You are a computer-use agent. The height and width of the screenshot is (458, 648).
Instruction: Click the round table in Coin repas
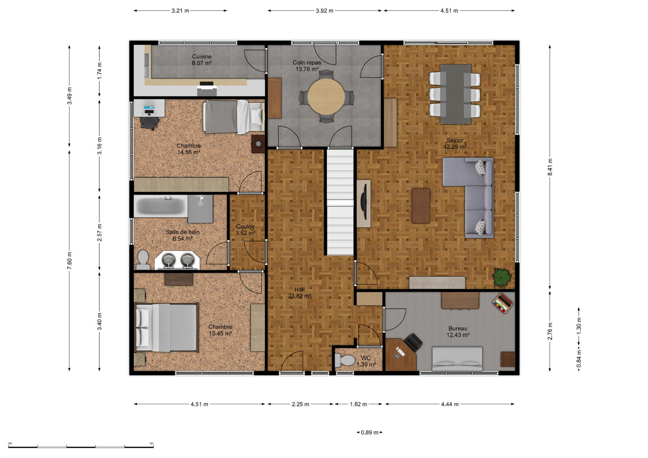click(x=326, y=96)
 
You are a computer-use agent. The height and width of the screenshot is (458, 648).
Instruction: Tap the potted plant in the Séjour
click(x=502, y=277)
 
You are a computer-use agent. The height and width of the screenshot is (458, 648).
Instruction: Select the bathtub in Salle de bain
click(x=161, y=206)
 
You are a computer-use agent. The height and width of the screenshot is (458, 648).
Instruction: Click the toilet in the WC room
click(x=345, y=360)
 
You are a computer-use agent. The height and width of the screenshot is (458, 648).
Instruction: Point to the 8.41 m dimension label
click(x=550, y=167)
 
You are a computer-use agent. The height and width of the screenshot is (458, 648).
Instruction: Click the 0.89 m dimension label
click(x=369, y=432)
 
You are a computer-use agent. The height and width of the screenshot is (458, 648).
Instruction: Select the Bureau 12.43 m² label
click(x=458, y=332)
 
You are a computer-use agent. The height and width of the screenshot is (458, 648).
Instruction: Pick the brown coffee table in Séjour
click(x=421, y=206)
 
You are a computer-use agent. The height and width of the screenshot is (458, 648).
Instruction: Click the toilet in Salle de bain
click(x=143, y=260)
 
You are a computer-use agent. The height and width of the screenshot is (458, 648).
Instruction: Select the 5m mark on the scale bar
click(x=152, y=443)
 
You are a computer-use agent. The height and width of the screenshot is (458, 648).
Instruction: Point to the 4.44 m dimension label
click(x=450, y=404)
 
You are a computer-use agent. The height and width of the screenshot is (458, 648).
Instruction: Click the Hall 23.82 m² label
click(x=300, y=293)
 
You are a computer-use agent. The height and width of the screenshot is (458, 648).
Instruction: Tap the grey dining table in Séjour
click(x=455, y=94)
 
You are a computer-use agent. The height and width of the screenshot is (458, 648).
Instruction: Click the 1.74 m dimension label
click(x=99, y=71)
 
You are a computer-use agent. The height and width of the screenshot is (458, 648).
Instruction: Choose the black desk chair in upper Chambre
click(x=149, y=123)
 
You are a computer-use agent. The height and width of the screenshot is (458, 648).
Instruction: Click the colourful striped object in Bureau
click(x=503, y=303)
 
